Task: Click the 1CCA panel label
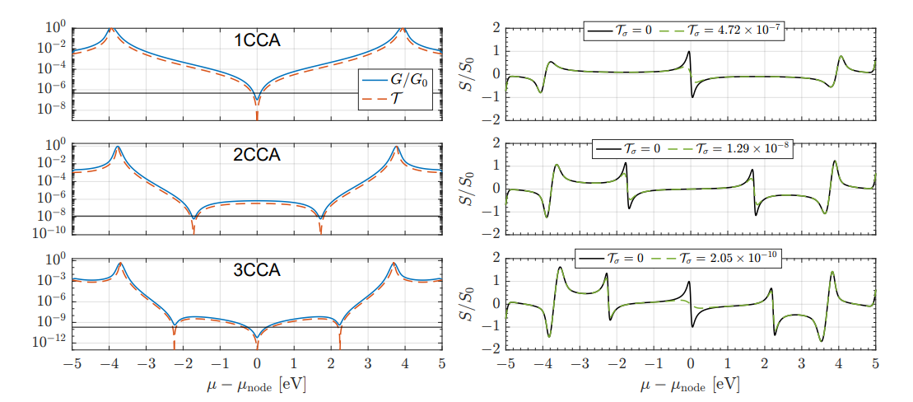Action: tap(257, 39)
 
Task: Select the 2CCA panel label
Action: tap(257, 154)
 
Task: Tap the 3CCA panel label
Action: tap(257, 270)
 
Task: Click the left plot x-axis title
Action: tap(257, 385)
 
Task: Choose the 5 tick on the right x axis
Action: tap(875, 362)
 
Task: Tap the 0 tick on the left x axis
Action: tap(257, 362)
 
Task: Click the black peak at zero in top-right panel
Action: tap(688, 52)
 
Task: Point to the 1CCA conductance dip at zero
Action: tap(257, 100)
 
